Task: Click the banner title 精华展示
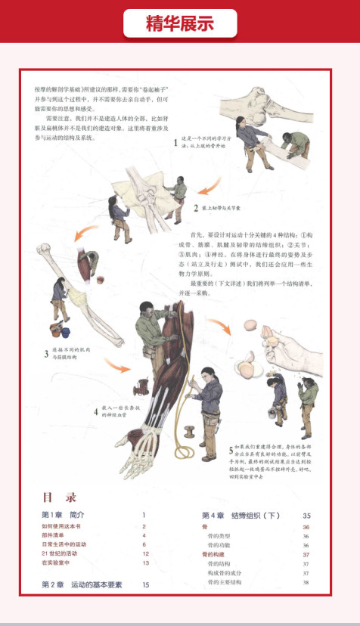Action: (x=180, y=23)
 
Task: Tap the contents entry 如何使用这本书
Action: (x=62, y=526)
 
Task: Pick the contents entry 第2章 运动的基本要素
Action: (x=82, y=584)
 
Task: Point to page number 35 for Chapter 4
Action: (x=306, y=516)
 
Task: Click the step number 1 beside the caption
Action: (x=175, y=142)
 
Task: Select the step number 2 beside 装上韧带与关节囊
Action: (x=195, y=208)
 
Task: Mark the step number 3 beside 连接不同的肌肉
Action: (x=45, y=353)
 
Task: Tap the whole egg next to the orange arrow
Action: (x=250, y=325)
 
